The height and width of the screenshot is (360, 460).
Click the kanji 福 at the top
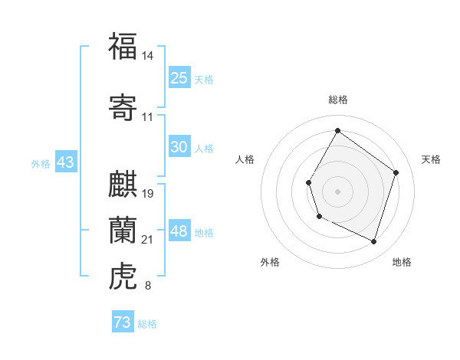tap(122, 46)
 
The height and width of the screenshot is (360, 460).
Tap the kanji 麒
tap(122, 184)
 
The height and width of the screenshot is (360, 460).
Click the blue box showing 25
tap(179, 77)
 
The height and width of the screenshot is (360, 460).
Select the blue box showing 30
tap(179, 147)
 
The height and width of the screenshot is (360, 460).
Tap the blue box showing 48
tap(179, 231)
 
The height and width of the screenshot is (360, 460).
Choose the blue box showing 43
tap(65, 162)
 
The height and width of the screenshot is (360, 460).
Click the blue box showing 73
tap(123, 322)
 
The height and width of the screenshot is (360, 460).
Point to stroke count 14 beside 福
tap(148, 56)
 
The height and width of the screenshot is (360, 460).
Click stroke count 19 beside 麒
tap(148, 194)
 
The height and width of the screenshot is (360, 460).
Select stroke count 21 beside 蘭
tap(148, 240)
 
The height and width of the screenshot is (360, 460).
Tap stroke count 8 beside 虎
tap(148, 286)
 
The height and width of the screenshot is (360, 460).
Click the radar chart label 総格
tap(337, 100)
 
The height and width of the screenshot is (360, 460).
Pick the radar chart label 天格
tap(431, 159)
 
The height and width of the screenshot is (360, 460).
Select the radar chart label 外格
tap(270, 263)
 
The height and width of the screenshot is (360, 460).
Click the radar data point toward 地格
tap(373, 242)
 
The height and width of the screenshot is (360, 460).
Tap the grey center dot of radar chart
tap(337, 191)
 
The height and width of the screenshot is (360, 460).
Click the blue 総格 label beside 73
tap(147, 324)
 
